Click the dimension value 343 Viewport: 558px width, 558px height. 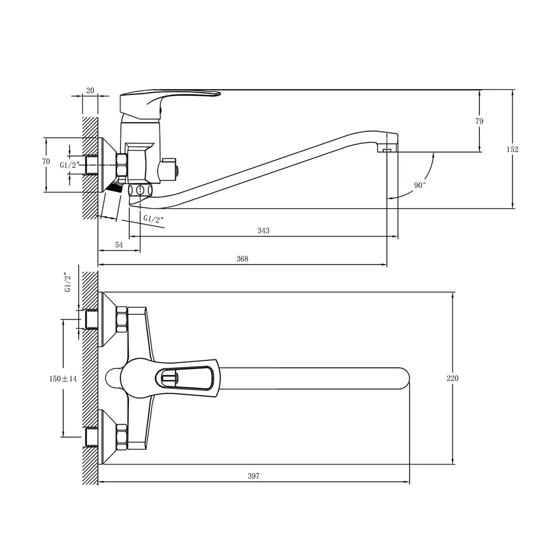pos(263,230)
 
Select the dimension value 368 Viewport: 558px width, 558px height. pos(242,259)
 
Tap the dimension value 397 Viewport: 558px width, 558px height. pos(254,476)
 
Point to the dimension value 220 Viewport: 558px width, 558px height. pos(453,378)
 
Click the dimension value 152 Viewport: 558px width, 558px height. pos(512,150)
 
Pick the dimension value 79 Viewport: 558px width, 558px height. pos(479,121)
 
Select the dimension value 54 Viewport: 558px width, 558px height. pos(119,245)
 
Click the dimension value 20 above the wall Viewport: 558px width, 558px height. pos(90,90)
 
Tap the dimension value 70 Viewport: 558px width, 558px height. pos(46,162)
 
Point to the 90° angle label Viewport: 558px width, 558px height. pos(420,185)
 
